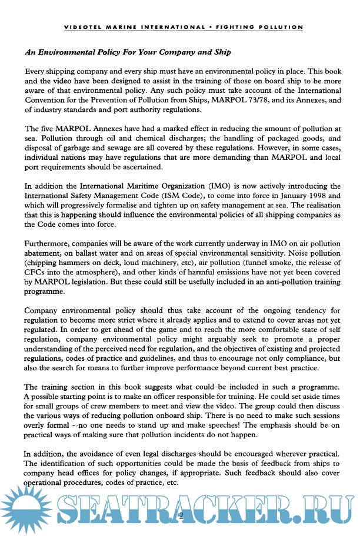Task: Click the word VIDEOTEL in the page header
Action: point(81,27)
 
